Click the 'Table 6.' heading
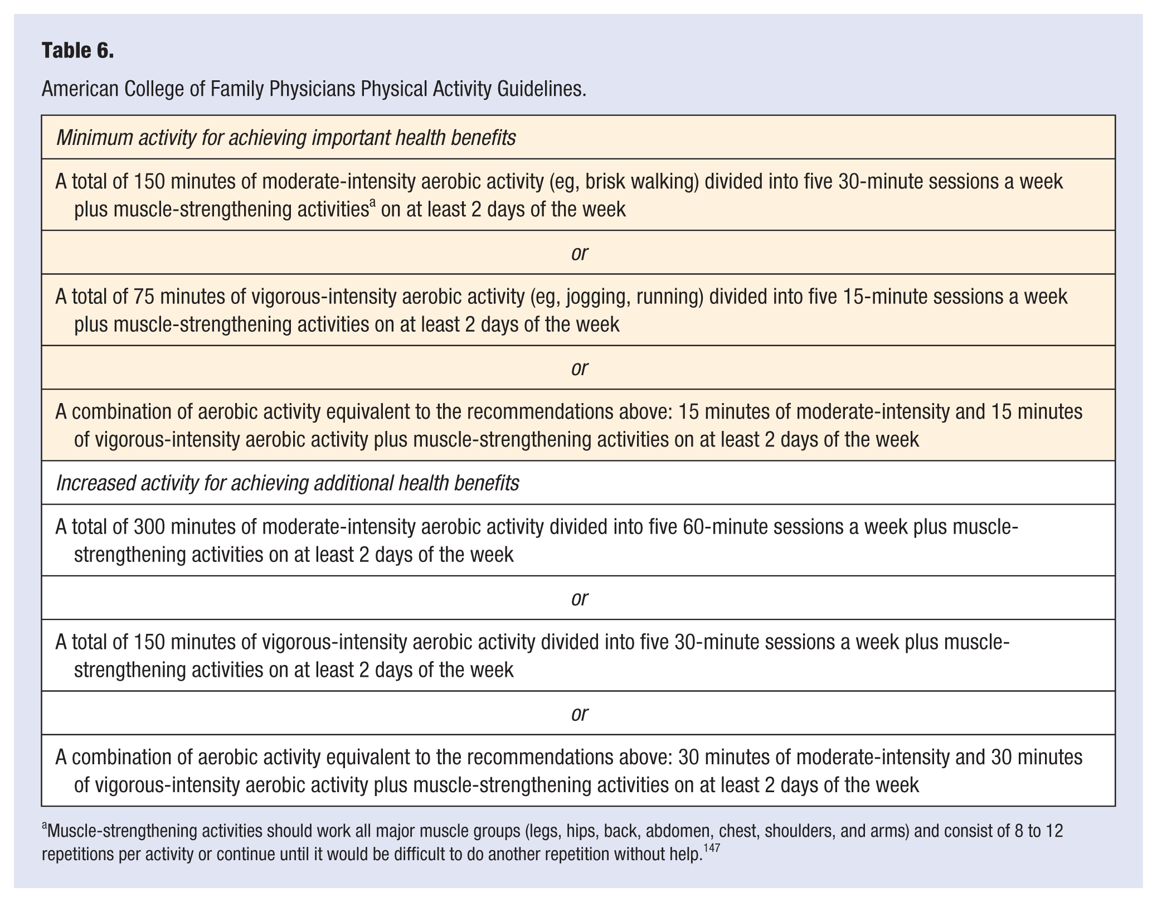pyautogui.click(x=77, y=51)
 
